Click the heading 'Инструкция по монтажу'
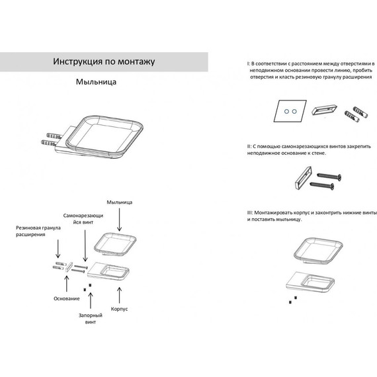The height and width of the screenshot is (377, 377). point(104,62)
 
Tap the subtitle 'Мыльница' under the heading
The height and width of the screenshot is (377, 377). point(96,82)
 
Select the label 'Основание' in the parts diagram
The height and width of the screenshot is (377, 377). point(67,298)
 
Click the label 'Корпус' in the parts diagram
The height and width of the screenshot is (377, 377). point(119,309)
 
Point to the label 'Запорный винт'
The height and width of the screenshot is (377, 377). point(91,319)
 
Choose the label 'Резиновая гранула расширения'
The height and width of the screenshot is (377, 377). point(38,231)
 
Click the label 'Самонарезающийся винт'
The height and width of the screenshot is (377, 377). point(83,219)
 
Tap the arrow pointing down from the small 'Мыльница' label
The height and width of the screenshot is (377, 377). point(120,220)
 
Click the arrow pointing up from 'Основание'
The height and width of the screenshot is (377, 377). point(67,284)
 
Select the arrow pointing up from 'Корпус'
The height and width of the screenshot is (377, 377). point(119,295)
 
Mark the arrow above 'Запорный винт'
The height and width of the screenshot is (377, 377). point(91,300)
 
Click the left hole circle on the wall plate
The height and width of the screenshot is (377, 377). point(286,111)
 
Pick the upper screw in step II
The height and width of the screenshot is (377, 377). point(329,176)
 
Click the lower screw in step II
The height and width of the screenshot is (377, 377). point(322,185)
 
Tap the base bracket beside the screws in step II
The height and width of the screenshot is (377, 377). point(303,177)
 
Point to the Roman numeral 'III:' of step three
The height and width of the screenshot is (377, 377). point(250,213)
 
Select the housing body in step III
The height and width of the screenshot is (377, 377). point(310,283)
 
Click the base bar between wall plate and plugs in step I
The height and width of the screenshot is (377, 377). point(324,110)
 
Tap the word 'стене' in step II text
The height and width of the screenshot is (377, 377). point(319,153)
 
